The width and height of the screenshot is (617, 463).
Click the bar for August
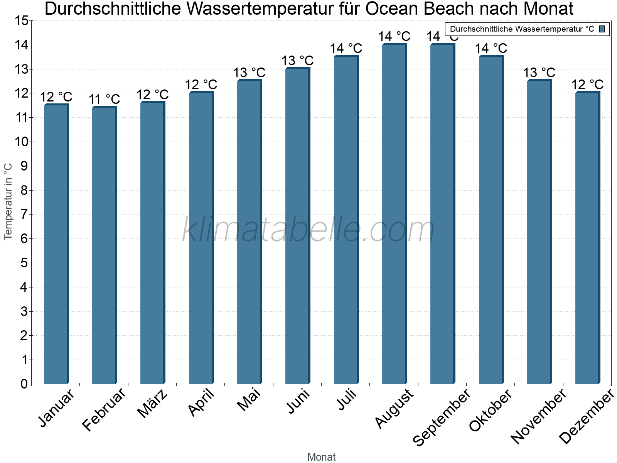click(x=394, y=214)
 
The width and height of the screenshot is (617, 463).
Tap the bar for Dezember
click(x=588, y=238)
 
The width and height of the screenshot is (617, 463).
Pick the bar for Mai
click(x=249, y=232)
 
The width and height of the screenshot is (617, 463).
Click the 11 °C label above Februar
click(x=104, y=100)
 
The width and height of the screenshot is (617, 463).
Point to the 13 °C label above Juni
click(x=297, y=61)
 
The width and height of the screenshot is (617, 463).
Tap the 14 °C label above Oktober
click(x=491, y=49)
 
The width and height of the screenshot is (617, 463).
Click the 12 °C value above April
click(x=201, y=85)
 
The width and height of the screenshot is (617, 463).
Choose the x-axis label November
click(x=539, y=416)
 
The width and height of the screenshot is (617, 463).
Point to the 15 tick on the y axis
click(x=21, y=21)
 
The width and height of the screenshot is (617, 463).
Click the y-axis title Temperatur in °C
click(x=8, y=201)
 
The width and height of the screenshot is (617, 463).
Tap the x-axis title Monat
click(x=321, y=457)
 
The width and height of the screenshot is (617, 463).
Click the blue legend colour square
click(x=602, y=29)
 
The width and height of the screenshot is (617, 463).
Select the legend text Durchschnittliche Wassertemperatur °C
click(x=522, y=29)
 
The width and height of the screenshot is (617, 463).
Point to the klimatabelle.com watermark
click(x=308, y=230)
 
